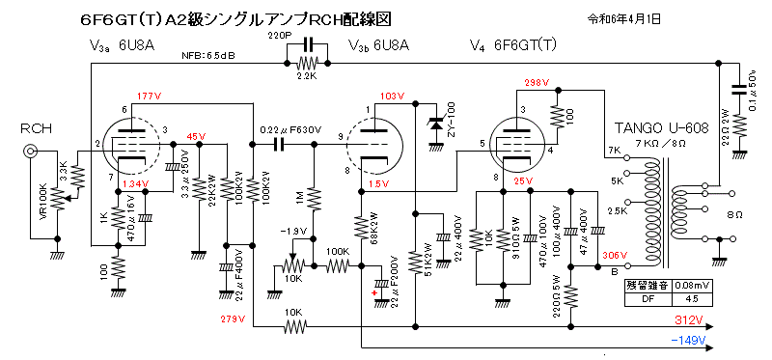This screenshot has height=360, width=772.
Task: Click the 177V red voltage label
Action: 150,97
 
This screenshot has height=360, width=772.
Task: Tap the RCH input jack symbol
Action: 32,151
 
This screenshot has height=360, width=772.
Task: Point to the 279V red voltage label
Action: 234,318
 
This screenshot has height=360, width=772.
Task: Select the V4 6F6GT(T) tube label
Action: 510,45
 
